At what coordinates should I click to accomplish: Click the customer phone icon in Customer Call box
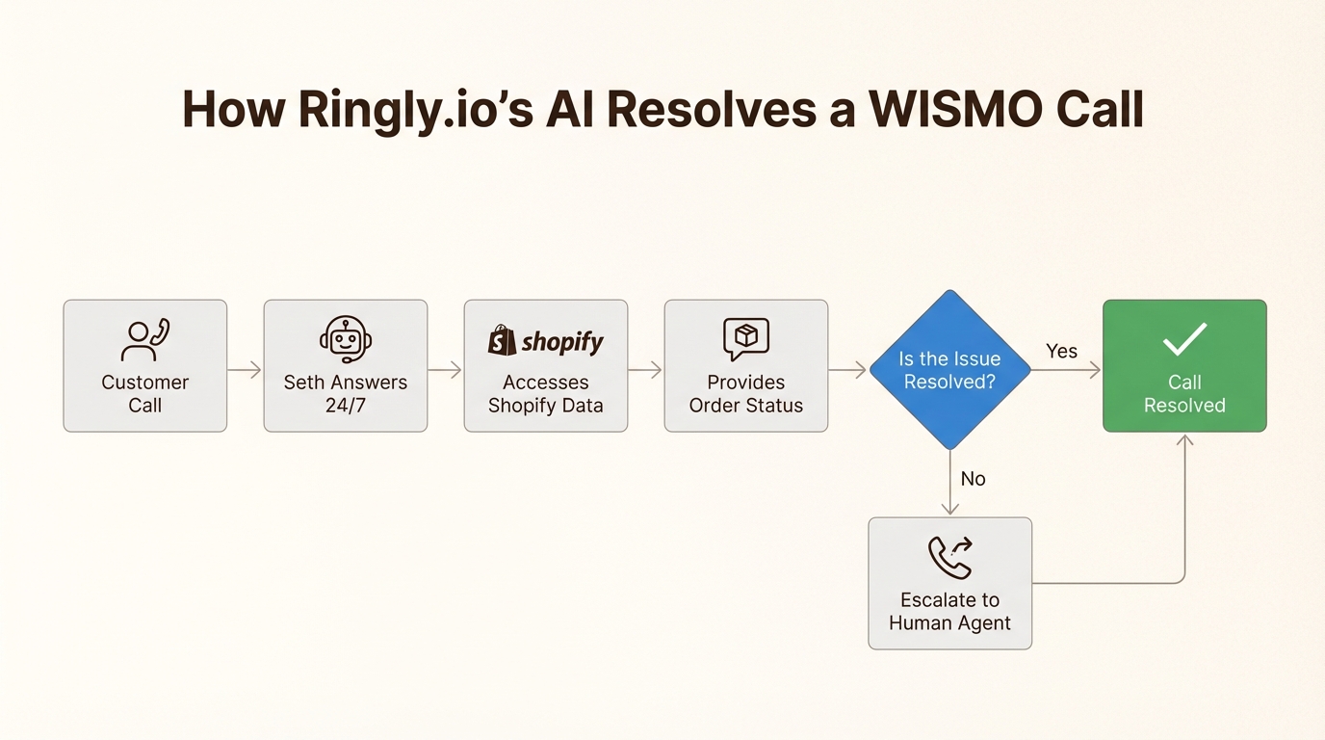point(145,339)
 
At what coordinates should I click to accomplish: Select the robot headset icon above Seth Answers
point(346,339)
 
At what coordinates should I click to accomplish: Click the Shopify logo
point(546,340)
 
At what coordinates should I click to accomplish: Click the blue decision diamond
point(949,370)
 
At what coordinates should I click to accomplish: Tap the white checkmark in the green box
point(1184,339)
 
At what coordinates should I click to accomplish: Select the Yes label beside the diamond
point(1061,352)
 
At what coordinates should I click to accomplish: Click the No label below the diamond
point(973,479)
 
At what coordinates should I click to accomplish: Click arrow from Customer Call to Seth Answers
point(245,370)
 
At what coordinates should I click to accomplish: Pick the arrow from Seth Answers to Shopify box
point(445,370)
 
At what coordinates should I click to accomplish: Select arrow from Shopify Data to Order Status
point(645,370)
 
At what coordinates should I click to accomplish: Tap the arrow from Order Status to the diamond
point(847,370)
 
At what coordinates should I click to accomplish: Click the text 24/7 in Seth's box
point(346,406)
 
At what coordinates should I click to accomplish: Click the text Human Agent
point(949,623)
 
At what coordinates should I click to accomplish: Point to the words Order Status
point(746,406)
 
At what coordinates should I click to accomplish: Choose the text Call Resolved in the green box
point(1184,394)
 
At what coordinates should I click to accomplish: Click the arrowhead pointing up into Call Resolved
point(1184,440)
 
